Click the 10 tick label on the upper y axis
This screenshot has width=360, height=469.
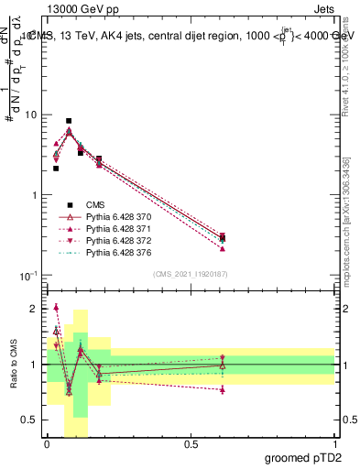pyautogui.click(x=30, y=115)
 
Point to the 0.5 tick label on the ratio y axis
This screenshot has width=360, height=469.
pyautogui.click(x=28, y=420)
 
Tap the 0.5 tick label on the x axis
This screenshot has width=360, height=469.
pyautogui.click(x=191, y=445)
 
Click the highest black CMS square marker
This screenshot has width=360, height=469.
pyautogui.click(x=69, y=121)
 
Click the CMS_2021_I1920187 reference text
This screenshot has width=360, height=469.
pyautogui.click(x=190, y=274)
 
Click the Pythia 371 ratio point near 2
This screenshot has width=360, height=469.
pyautogui.click(x=56, y=308)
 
